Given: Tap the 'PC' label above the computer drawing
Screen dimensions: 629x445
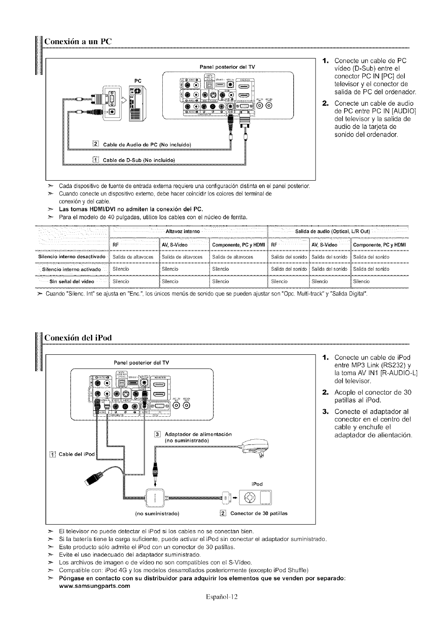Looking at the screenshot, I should click(x=139, y=80).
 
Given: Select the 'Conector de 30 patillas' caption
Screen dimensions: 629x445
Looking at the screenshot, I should click(x=259, y=513).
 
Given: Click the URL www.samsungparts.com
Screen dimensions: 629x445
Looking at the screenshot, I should click(x=94, y=586).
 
